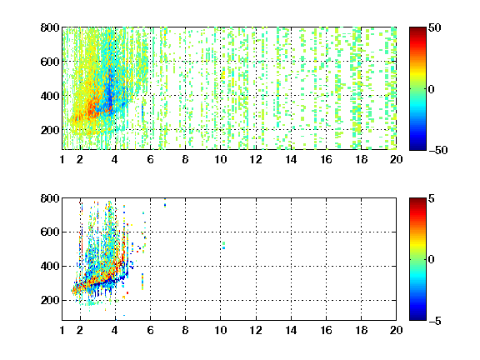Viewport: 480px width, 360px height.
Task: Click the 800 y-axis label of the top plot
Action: pos(50,27)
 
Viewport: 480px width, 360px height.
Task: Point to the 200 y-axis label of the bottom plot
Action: pos(50,300)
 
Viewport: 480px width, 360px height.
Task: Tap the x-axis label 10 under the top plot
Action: pos(220,159)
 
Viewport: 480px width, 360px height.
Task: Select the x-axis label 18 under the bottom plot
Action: pos(361,330)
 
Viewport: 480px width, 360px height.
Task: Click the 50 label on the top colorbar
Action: pos(435,27)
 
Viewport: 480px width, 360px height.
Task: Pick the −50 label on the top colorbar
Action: pos(438,150)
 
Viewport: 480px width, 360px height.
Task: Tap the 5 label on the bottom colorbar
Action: pos(432,198)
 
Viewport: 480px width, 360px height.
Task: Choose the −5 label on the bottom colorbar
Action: pos(435,321)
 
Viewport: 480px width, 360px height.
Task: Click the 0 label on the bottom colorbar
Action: pos(432,260)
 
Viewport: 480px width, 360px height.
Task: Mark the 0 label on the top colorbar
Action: pos(432,89)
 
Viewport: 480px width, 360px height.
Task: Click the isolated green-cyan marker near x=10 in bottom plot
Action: pos(224,246)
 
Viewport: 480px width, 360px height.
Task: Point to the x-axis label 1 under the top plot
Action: pos(62,159)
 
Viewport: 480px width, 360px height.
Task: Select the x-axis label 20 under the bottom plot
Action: pos(396,330)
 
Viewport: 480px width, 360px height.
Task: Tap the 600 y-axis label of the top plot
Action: pos(50,62)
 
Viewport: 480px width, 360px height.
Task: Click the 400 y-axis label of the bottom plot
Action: pos(50,266)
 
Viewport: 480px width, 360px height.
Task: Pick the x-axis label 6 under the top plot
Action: pos(150,159)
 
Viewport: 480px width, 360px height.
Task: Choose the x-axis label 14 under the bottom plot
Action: pos(291,330)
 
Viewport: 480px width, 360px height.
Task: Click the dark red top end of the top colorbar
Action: pos(417,28)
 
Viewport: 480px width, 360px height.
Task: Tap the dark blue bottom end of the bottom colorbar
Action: pos(417,318)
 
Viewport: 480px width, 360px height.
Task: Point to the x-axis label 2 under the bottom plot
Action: pos(80,330)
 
